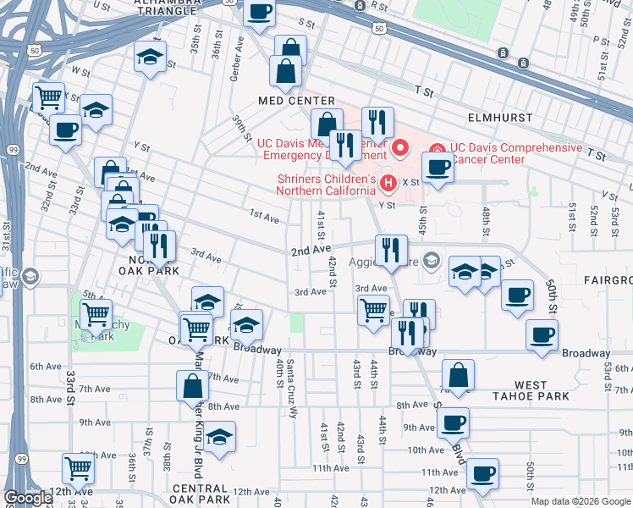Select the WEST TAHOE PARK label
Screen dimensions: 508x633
point(531,390)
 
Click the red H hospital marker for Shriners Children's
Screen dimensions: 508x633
point(388,182)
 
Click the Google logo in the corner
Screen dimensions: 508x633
point(27,498)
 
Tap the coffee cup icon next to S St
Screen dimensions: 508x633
point(260,12)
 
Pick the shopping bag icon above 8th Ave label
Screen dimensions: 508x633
point(192,386)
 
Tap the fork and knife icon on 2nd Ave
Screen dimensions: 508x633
point(390,250)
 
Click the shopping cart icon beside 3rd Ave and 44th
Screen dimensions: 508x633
point(373,310)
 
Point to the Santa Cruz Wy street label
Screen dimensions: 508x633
point(292,390)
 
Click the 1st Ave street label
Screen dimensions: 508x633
point(264,218)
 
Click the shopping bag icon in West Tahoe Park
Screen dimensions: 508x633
point(458,374)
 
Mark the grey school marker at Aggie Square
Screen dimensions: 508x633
point(432,258)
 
